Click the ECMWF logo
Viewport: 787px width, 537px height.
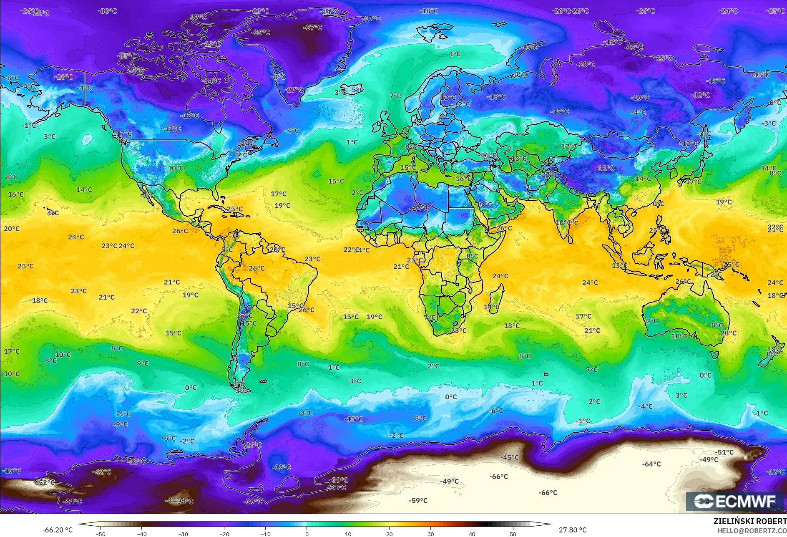point(735,501)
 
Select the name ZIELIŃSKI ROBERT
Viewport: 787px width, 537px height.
point(750,521)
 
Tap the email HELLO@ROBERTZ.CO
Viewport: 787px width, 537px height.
point(752,530)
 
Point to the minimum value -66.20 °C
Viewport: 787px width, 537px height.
point(57,530)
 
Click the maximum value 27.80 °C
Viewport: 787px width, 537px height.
point(573,530)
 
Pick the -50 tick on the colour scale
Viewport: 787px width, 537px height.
point(100,534)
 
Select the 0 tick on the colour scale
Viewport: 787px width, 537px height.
point(307,534)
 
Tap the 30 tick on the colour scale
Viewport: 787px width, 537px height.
point(430,534)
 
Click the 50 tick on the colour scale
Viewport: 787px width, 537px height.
point(513,534)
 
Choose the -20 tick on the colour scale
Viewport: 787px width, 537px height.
point(224,534)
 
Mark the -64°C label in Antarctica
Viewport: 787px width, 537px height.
point(651,464)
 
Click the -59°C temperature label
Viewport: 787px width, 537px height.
point(418,500)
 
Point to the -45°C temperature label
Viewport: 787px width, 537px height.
point(510,457)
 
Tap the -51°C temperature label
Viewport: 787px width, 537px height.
point(724,452)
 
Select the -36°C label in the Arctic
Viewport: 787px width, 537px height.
point(261,32)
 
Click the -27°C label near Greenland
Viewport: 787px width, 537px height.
point(294,90)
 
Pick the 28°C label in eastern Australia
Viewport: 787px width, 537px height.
point(728,333)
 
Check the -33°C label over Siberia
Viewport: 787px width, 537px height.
point(634,47)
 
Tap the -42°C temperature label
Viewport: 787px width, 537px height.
point(102,471)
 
